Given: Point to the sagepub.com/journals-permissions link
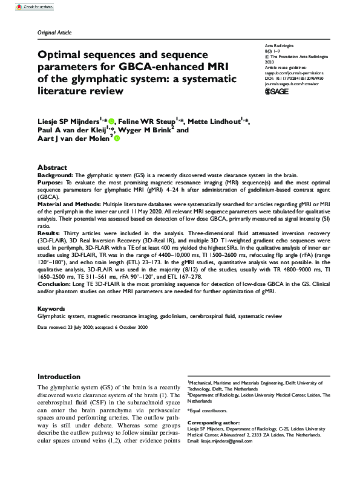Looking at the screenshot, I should click(x=286, y=72).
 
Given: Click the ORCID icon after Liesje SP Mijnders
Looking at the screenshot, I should click(x=111, y=121).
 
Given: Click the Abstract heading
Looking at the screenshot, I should click(x=53, y=167).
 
